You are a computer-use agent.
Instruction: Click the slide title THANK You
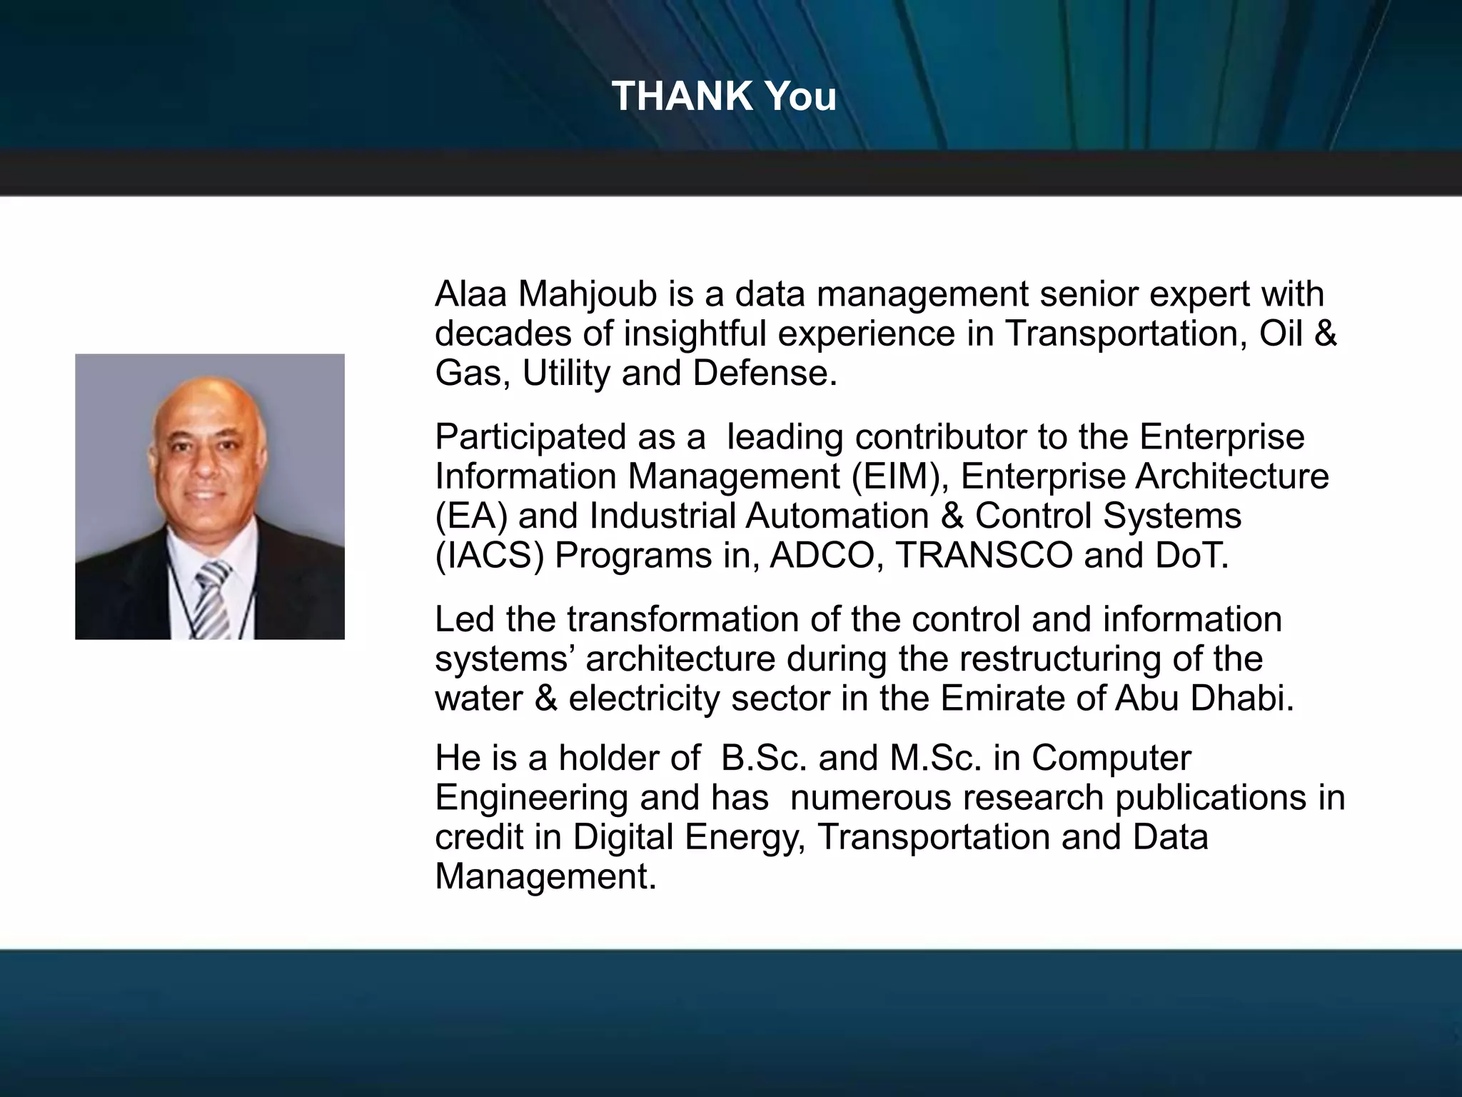pos(724,96)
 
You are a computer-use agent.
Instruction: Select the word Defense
pos(765,373)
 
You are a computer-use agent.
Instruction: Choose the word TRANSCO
pos(984,556)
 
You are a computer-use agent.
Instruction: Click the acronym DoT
pos(1193,556)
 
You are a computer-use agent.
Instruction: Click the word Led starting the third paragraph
pos(464,619)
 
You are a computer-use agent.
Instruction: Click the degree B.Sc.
pos(764,758)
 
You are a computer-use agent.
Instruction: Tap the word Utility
pos(566,373)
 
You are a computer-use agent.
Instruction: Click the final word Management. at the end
pos(545,876)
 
